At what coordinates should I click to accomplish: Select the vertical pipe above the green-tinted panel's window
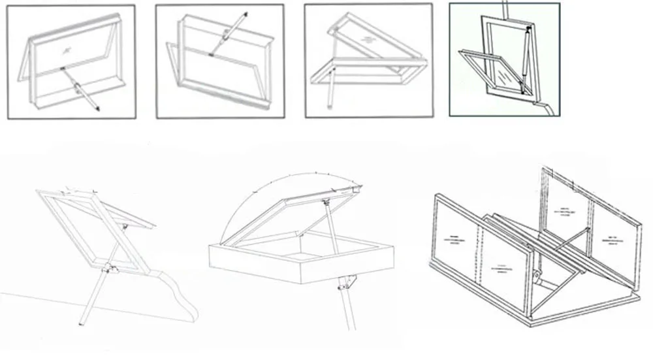click(x=504, y=8)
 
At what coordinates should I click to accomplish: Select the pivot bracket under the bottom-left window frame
click(x=111, y=268)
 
